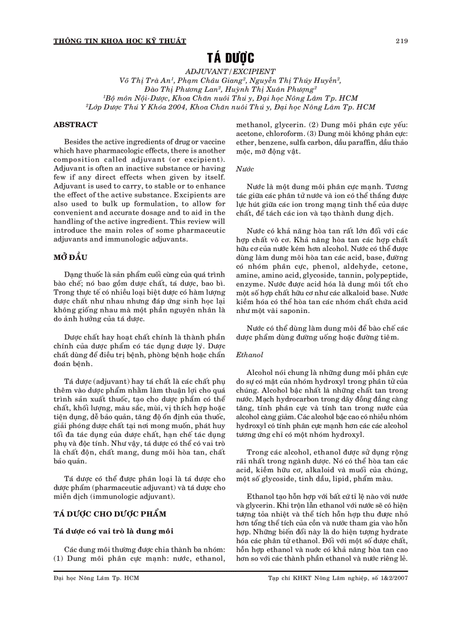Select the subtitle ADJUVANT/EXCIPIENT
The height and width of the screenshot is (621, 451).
point(230,71)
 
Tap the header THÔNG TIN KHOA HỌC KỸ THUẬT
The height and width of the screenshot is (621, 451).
point(119,41)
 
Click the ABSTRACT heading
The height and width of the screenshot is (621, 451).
point(75,125)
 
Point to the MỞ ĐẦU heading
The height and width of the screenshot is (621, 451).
point(70,258)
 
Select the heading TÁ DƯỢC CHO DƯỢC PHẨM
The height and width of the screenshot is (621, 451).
point(110,514)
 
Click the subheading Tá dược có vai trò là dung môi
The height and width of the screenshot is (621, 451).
point(113,531)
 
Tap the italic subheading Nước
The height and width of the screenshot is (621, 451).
point(245,168)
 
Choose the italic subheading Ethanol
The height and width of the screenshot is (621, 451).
point(250,354)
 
